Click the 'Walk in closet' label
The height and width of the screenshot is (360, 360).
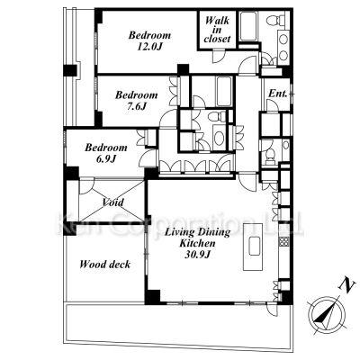[x=217, y=30]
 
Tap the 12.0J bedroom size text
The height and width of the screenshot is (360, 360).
[x=149, y=47]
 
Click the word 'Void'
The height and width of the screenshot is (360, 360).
[x=112, y=202]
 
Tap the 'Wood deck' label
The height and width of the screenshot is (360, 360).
[x=105, y=265]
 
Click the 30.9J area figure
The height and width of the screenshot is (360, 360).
[x=197, y=255]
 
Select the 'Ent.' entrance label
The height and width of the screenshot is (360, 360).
[x=277, y=94]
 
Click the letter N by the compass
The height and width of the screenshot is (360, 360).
[x=346, y=285]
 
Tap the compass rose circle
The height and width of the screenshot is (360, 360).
[x=327, y=314]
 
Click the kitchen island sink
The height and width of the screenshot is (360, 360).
[x=254, y=246]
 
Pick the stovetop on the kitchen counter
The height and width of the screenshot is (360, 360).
[x=283, y=241]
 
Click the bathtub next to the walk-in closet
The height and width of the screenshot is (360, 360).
[x=248, y=26]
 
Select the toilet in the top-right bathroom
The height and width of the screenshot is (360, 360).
[x=274, y=20]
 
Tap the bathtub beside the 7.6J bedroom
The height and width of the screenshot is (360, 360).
[x=224, y=91]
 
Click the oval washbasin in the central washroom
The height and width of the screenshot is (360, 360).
[x=220, y=138]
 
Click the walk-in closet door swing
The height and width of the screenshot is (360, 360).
[x=218, y=56]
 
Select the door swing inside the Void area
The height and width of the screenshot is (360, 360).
[x=86, y=186]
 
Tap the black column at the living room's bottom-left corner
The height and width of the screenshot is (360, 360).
[x=152, y=297]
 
